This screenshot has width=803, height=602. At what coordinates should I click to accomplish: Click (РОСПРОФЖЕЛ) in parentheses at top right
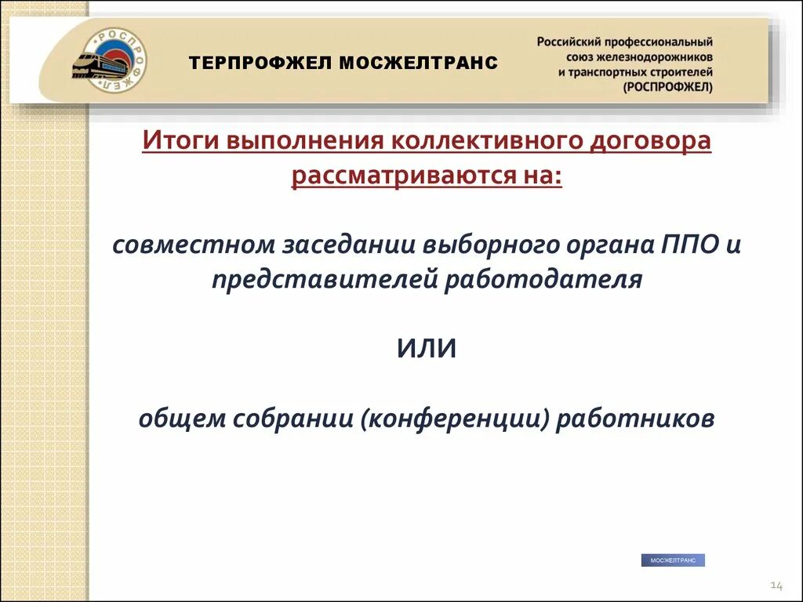668,87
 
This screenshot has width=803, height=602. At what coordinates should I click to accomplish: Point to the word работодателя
543,279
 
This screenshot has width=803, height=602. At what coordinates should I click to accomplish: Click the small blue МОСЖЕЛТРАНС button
673,560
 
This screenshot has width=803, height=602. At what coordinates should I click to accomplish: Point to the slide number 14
776,586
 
